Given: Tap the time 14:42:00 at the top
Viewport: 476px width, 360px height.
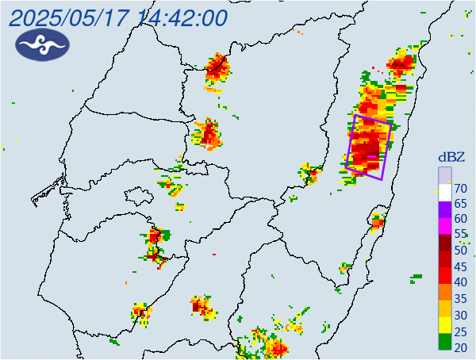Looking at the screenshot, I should click(x=182, y=17).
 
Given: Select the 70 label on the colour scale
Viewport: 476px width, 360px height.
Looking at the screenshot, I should click(x=459, y=189).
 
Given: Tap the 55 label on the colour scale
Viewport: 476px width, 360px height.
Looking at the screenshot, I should click(x=459, y=235).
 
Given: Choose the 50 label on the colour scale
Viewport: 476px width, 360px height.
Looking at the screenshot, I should click(x=459, y=251).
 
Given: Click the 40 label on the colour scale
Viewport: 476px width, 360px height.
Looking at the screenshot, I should click(x=459, y=282).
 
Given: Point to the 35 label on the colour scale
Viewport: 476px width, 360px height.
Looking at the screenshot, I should click(x=459, y=299).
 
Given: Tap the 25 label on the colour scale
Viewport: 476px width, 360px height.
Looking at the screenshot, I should click(x=459, y=331).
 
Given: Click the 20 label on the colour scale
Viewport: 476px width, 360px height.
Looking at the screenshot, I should click(x=459, y=347).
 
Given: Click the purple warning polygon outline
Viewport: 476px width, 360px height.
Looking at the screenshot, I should click(x=349, y=143).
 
